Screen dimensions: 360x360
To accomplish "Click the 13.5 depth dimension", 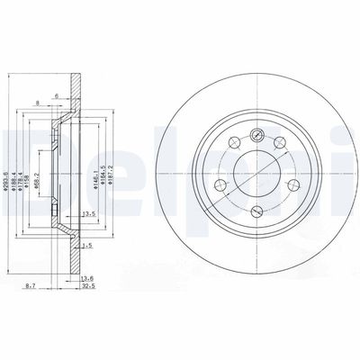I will [89, 214].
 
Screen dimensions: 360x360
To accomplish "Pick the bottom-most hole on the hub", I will [256, 211].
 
